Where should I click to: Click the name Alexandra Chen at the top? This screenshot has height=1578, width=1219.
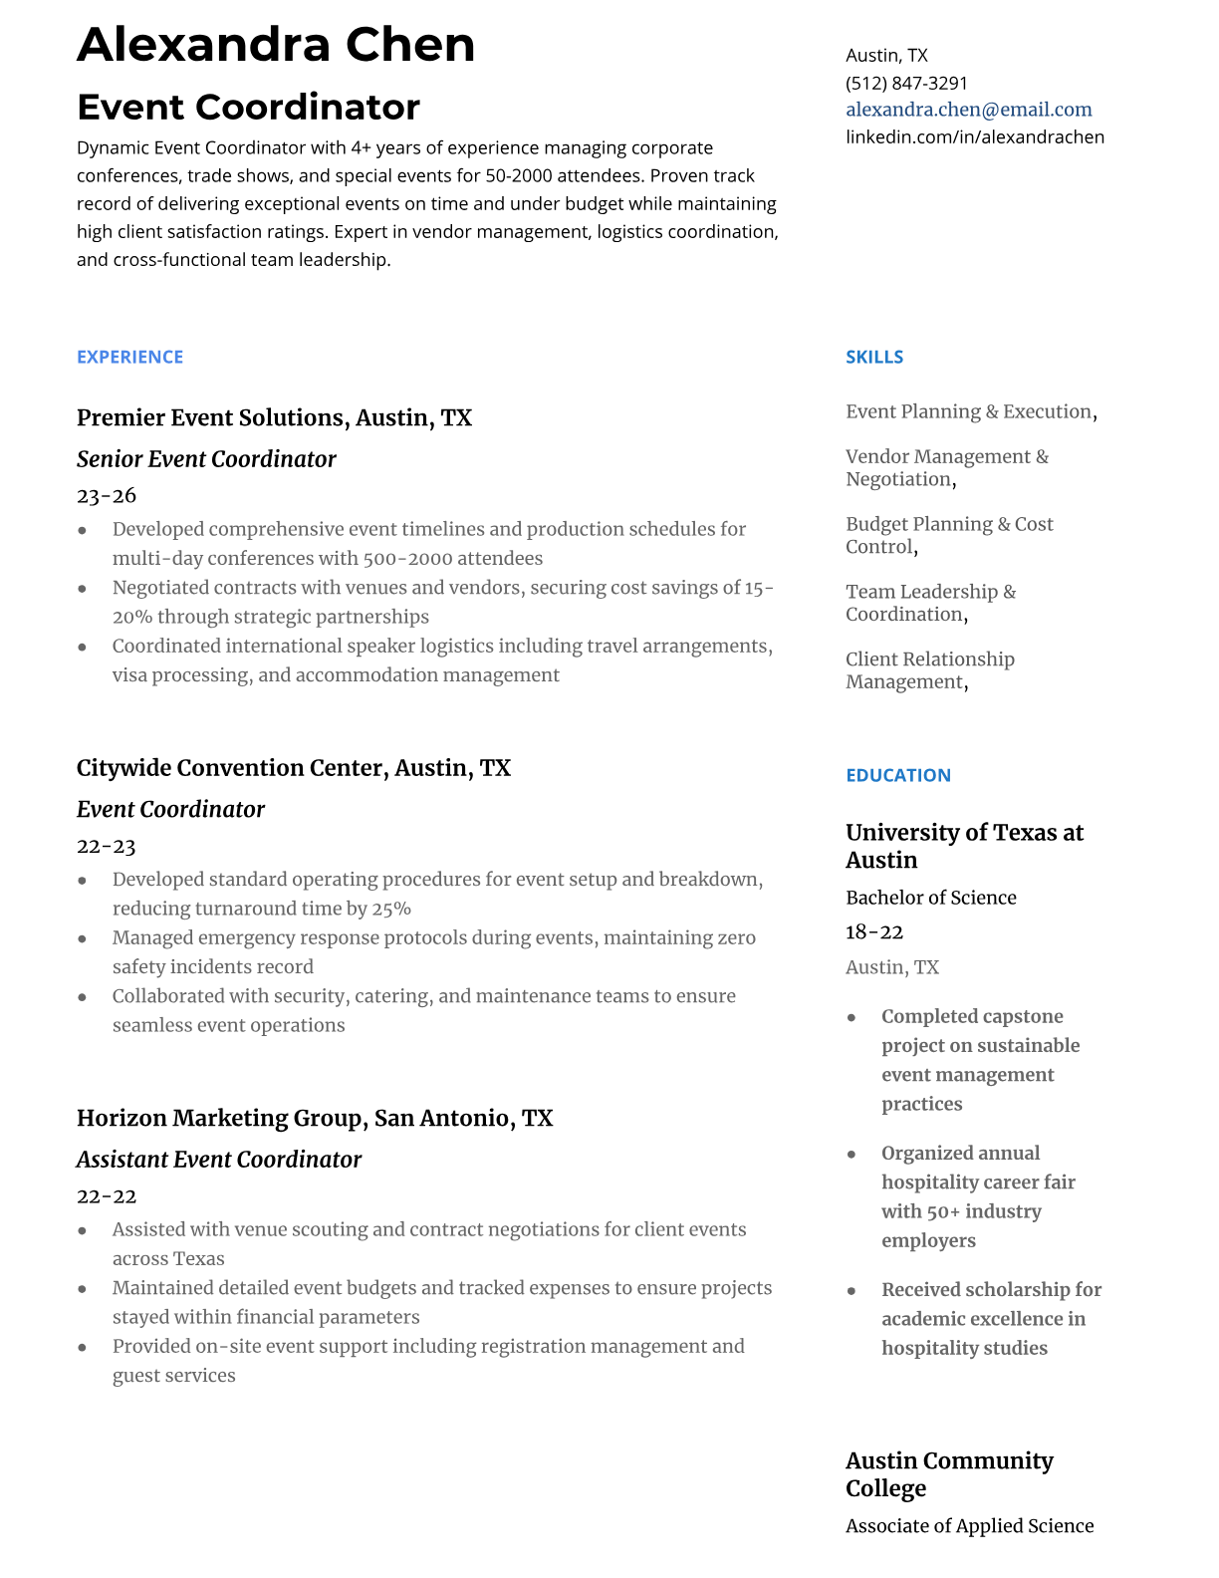tap(276, 45)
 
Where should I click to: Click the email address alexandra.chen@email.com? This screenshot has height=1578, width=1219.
tap(968, 110)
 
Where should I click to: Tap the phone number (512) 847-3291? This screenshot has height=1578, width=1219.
tap(906, 83)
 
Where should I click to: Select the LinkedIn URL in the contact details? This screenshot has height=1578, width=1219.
tap(974, 136)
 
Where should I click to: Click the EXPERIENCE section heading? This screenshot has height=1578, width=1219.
tap(129, 357)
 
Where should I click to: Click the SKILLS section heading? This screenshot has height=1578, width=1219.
tap(873, 357)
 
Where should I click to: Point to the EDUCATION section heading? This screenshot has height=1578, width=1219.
tap(897, 775)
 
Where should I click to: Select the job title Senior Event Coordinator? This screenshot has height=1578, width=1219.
tap(206, 459)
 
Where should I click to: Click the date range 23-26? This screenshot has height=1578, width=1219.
tap(106, 495)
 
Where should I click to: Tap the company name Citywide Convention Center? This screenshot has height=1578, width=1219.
tap(232, 768)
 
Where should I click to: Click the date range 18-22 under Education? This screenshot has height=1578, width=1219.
tap(873, 931)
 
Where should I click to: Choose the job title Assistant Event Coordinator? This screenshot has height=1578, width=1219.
tap(218, 1160)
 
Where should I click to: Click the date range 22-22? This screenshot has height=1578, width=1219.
tap(106, 1195)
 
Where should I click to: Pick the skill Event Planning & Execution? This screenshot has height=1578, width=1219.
tap(968, 411)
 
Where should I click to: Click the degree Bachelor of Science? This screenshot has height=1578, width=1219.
tap(930, 898)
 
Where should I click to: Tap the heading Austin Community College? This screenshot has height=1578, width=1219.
tap(948, 1473)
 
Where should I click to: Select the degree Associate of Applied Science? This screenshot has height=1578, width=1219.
tap(969, 1525)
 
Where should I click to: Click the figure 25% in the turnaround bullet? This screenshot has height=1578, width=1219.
tap(391, 909)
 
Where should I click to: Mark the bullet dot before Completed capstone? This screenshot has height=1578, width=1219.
tap(852, 1017)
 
